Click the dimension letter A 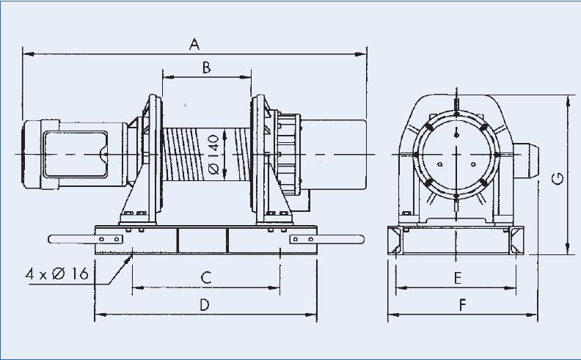pos(194,44)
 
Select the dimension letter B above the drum pos(206,67)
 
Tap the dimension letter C pos(206,277)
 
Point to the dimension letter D pos(205,304)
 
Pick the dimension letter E pos(456,277)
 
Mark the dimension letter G pos(558,177)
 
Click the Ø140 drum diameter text pos(213,154)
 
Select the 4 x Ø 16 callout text pos(57,273)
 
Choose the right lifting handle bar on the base pos(340,238)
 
